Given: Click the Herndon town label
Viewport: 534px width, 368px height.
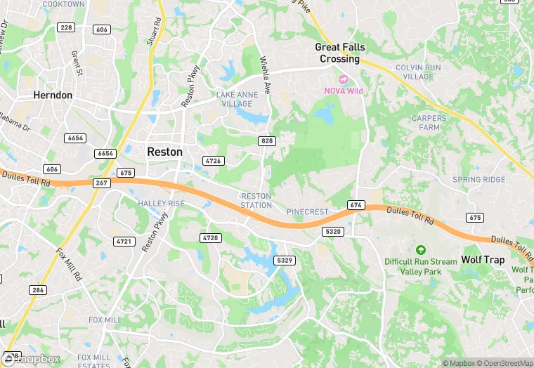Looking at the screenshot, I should click(x=53, y=95).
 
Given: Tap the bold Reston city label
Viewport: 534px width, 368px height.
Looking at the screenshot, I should click(x=164, y=152).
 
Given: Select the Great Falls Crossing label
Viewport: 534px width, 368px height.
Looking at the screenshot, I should click(x=340, y=53).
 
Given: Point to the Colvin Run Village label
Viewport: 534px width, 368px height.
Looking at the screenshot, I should click(x=419, y=72).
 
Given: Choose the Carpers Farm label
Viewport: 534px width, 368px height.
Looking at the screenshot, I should click(x=429, y=123).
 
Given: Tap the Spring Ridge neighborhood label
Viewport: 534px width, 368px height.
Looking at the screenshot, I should click(x=478, y=180).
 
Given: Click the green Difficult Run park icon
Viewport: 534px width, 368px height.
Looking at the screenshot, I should click(x=420, y=249).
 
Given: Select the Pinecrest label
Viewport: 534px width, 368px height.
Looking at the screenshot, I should click(x=307, y=211).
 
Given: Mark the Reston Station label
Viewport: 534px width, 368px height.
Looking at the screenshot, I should click(x=256, y=200).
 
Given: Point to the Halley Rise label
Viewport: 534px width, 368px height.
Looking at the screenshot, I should click(x=161, y=204).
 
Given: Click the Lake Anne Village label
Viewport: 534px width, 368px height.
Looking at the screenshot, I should click(x=234, y=98).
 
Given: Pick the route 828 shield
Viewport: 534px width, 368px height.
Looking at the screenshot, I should click(x=266, y=141).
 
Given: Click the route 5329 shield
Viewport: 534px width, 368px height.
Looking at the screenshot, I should click(x=285, y=261).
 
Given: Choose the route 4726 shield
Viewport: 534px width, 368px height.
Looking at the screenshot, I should click(x=214, y=161).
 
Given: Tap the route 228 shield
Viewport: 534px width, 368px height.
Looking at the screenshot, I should click(x=67, y=27).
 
